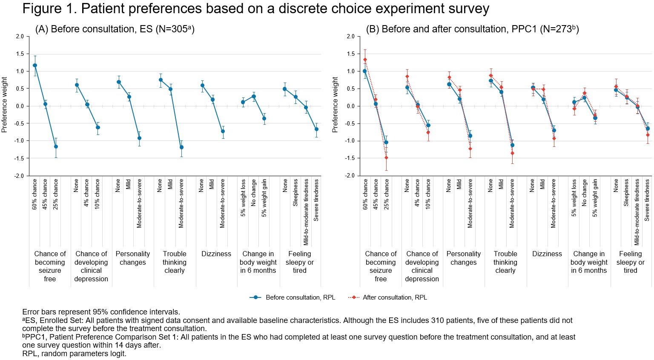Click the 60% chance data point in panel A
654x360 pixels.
point(35,66)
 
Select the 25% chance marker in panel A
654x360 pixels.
point(56,147)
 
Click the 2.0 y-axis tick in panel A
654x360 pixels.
point(20,37)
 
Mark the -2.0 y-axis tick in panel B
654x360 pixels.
point(350,176)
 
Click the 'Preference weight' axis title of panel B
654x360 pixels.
point(335,105)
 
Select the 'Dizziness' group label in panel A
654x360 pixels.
point(216,254)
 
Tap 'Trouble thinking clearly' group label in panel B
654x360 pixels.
point(505,262)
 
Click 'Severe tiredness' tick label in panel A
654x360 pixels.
point(316,200)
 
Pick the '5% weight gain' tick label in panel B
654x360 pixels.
point(595,198)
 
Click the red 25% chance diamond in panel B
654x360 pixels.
point(386,158)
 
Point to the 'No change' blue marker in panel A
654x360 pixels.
point(254,97)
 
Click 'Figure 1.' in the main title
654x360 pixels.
point(49,9)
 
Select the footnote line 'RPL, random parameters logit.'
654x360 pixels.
point(74,354)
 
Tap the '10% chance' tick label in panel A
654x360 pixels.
point(98,194)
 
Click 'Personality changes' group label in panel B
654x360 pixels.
point(464,258)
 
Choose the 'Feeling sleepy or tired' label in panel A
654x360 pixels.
point(300,262)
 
